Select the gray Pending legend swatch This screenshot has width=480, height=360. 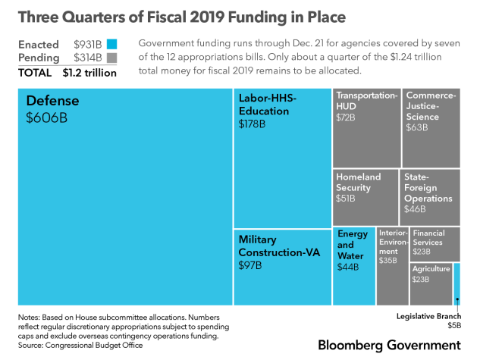click(x=111, y=58)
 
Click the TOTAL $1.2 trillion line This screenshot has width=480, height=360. click(x=68, y=73)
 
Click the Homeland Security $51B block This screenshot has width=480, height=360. click(x=365, y=197)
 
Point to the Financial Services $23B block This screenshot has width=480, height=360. click(x=435, y=243)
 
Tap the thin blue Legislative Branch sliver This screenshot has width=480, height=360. click(x=456, y=289)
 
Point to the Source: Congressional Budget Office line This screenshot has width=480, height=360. click(x=80, y=345)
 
